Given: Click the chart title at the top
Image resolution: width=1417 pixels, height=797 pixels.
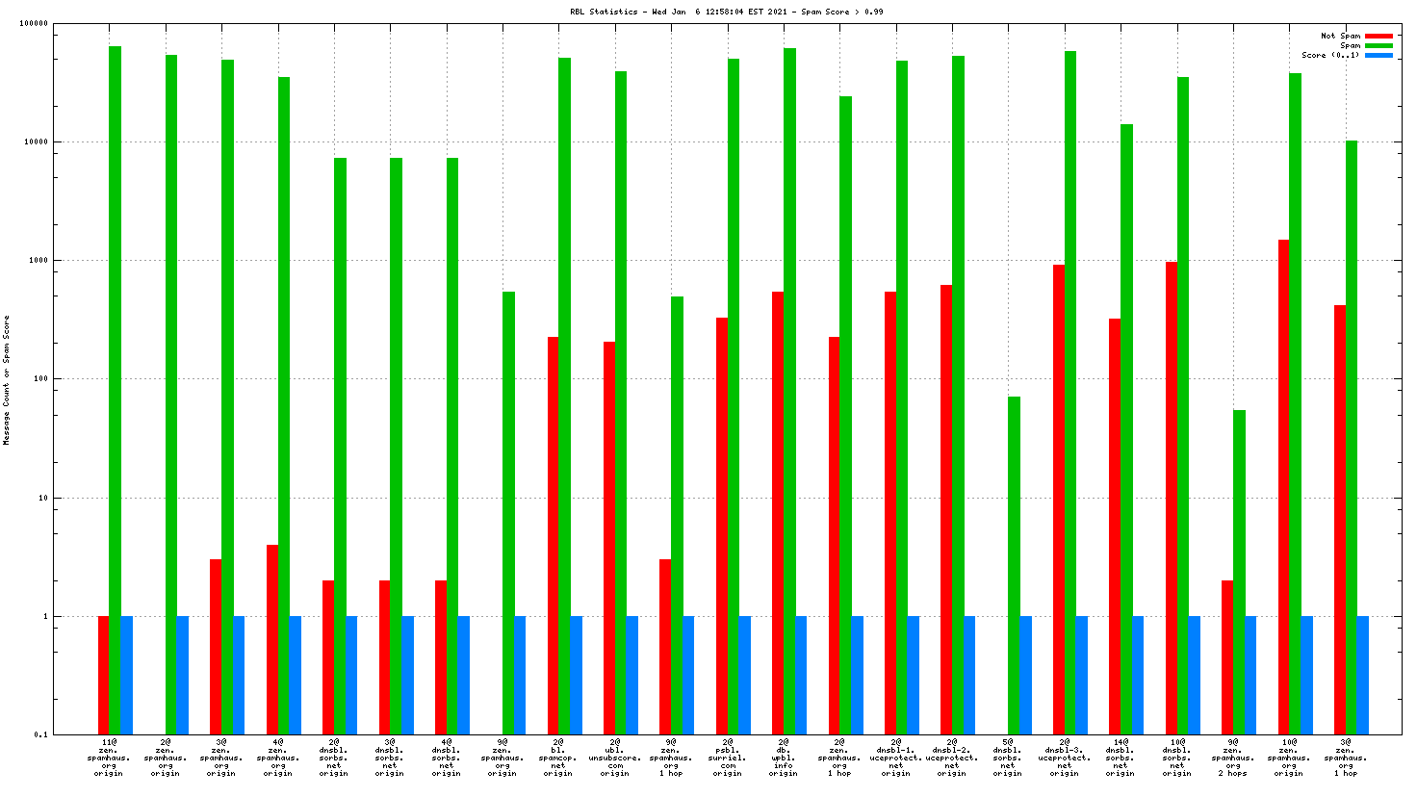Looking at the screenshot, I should pos(726,12).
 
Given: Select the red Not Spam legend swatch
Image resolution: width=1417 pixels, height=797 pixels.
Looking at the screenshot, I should pos(1378,36).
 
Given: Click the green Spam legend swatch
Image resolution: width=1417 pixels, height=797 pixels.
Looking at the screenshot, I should pos(1378,45).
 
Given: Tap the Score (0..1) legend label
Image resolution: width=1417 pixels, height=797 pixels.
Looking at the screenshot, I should pos(1330,55).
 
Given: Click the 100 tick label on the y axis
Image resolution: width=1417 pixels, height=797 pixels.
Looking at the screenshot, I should pos(39,379).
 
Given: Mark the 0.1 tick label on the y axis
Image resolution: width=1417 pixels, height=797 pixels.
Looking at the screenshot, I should pos(40,734).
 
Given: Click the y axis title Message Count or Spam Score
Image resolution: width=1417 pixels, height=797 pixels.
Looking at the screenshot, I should pos(7,379).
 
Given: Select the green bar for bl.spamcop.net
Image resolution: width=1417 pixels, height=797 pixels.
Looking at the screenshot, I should pos(565,395).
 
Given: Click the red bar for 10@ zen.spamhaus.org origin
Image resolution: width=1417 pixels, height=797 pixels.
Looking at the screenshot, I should pos(1283,486).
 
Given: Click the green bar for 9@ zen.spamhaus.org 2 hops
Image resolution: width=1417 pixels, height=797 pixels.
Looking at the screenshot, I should pos(1239,572).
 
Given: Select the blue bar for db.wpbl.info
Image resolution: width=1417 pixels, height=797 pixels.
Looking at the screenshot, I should pos(801,675).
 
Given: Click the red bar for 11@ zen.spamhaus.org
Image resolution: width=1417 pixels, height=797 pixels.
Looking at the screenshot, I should pos(103,675).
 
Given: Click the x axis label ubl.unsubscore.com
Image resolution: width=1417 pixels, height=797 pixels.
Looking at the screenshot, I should pos(614,758).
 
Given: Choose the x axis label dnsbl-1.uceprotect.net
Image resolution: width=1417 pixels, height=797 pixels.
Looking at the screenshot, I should pos(895,758).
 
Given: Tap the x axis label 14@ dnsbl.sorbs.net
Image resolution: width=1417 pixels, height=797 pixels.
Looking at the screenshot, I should pos(1120,758).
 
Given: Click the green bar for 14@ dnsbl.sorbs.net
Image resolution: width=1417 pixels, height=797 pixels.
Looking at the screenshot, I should pos(1126,428).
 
